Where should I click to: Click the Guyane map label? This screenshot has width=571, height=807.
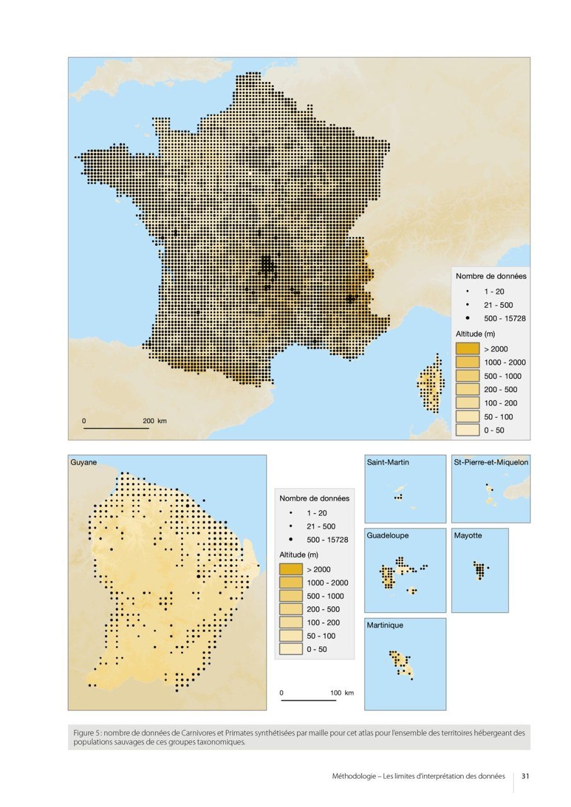pos(83,463)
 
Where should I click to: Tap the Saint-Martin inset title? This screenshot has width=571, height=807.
pos(388,463)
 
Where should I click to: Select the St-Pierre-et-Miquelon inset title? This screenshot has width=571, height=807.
pos(491,463)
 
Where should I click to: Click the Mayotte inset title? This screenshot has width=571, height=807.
pos(468,535)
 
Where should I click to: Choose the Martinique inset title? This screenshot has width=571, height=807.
pos(385,625)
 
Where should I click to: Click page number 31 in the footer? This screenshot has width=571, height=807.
pos(525,776)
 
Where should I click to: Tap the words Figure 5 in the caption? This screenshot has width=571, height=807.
pos(87,733)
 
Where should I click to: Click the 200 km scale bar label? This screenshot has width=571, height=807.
pos(155,421)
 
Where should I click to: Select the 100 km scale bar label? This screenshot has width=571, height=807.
pos(342,693)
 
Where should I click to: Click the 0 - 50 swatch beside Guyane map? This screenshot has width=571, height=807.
pos(290,649)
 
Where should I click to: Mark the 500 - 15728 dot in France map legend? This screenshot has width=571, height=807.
pos(468,318)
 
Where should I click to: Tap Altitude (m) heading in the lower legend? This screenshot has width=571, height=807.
pos(300,554)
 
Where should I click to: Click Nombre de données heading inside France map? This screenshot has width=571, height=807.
pos(490,276)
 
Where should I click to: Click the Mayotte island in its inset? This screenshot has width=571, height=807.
pos(480,571)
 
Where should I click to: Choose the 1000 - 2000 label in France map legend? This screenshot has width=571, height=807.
pos(504,363)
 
